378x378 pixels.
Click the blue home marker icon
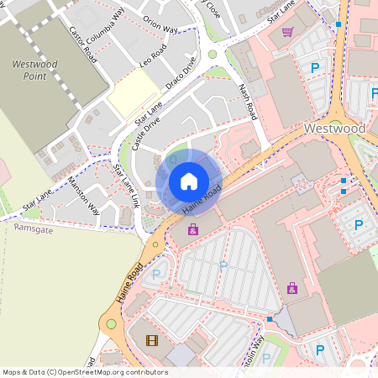tap(189, 181)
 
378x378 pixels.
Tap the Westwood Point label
tap(35, 70)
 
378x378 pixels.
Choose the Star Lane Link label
tap(126, 186)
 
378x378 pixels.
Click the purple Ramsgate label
tap(34, 228)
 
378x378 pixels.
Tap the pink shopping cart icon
tap(287, 32)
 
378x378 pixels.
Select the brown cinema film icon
tap(151, 340)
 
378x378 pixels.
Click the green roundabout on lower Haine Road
tap(110, 323)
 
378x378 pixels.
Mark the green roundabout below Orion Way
tap(213, 55)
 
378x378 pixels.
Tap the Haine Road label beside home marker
tap(201, 200)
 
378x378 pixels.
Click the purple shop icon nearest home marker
tap(193, 229)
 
